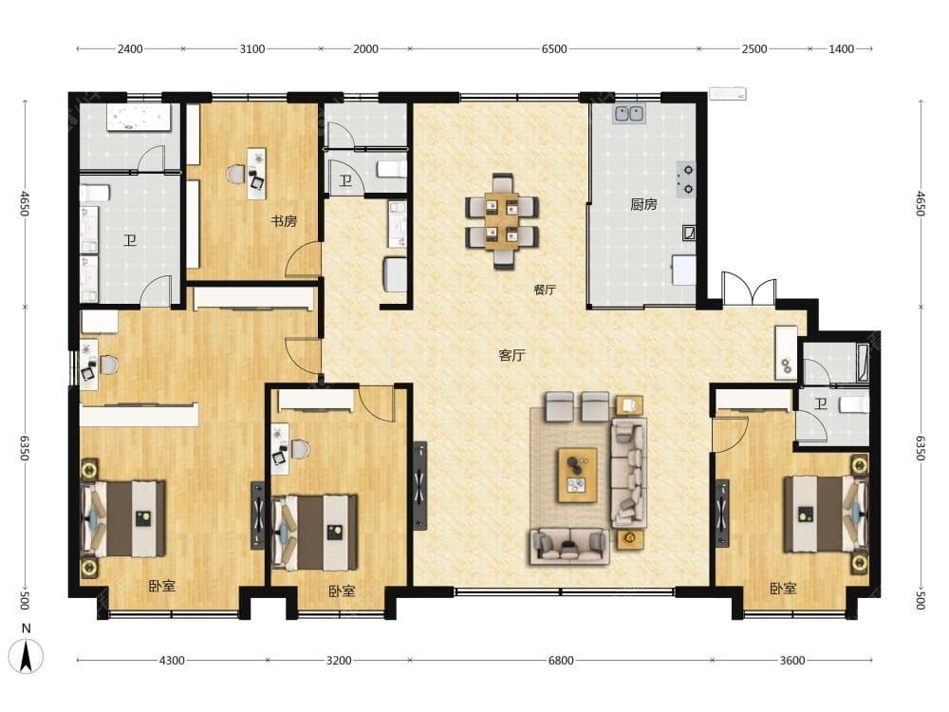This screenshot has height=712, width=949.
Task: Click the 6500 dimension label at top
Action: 554,49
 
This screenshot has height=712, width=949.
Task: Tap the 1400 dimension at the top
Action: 841,49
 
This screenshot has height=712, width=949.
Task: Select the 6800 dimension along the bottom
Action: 561,661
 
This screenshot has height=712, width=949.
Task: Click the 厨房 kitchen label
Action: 643,205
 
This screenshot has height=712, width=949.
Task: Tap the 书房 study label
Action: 283,221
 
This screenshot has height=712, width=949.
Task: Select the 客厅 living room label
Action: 512,355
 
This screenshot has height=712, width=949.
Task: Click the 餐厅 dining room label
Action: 544,290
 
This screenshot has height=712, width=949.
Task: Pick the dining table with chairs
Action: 502,221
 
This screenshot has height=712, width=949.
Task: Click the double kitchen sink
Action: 629,114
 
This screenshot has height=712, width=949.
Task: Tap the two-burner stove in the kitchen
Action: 686,179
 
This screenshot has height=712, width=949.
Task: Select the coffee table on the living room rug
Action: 577,476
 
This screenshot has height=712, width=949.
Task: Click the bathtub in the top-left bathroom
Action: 139,118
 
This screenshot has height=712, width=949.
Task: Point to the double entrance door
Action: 749,289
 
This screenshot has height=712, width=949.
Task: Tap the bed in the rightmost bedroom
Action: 826,514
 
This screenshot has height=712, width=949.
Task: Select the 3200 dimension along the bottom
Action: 339,661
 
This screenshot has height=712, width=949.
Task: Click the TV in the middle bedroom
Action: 257,515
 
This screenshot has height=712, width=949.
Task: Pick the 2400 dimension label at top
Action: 129,49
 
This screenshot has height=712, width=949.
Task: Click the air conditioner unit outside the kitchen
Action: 727,94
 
